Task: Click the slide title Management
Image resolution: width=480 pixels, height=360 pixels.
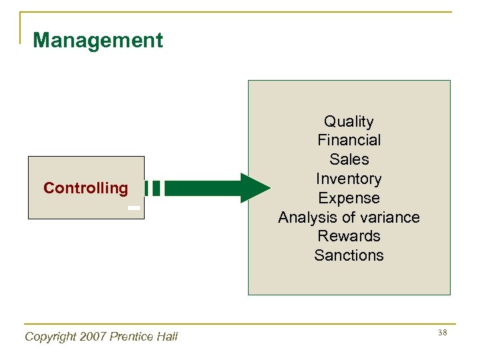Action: (x=97, y=41)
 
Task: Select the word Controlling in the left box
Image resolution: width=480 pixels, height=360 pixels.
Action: (x=85, y=188)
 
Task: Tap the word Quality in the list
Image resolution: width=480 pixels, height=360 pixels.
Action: (x=349, y=121)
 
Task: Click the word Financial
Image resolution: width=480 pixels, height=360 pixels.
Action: (x=349, y=140)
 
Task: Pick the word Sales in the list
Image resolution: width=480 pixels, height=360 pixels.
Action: (x=349, y=159)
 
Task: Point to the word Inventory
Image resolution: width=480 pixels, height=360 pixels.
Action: (x=349, y=179)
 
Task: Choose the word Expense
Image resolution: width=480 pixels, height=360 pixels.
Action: (x=349, y=198)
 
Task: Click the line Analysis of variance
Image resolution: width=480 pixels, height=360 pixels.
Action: (x=349, y=217)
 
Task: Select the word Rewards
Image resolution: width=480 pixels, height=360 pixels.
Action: (x=349, y=236)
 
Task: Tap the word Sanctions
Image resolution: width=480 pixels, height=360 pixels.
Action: (x=349, y=255)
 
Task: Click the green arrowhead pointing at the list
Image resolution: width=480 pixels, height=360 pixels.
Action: (x=255, y=188)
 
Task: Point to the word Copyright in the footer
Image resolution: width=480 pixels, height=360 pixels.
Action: (x=49, y=337)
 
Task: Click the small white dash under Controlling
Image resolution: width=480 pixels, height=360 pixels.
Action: (x=134, y=209)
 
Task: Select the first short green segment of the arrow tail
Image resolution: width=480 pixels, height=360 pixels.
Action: (x=146, y=188)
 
